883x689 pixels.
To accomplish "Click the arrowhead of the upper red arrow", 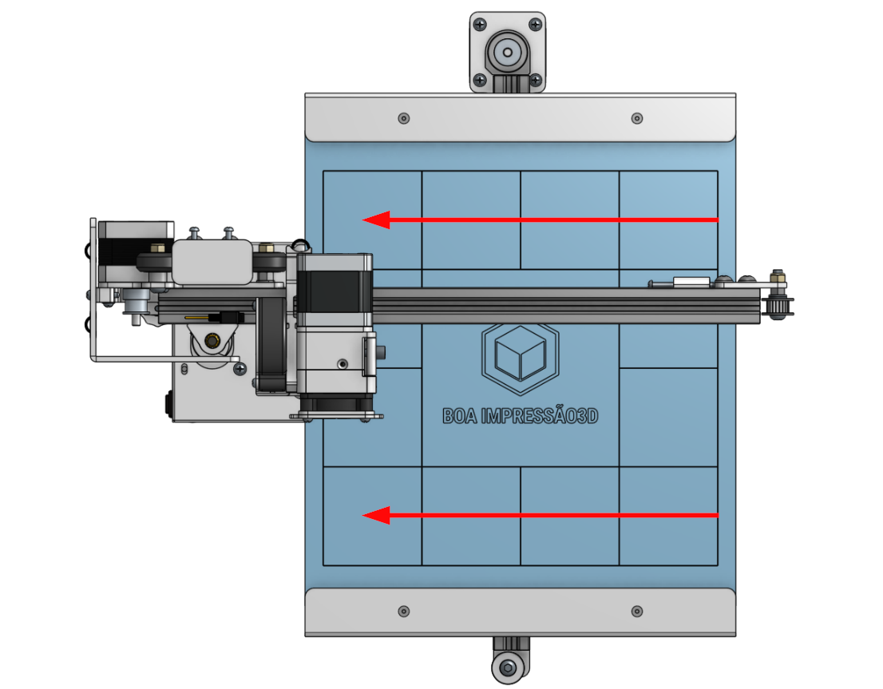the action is [376, 220].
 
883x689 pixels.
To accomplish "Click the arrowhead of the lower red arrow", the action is [376, 516].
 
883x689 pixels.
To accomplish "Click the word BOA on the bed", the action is [460, 416].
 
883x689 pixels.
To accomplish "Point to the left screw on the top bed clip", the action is [404, 118].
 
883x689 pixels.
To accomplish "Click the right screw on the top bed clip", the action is [637, 118].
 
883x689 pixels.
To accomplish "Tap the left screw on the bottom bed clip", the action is [404, 612].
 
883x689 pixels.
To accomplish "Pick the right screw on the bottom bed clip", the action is [637, 612].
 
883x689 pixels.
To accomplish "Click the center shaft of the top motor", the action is [508, 53].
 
